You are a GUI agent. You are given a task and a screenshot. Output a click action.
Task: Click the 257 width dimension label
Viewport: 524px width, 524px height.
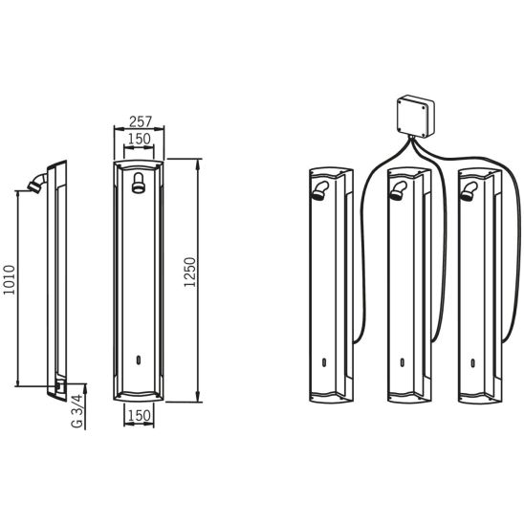click(x=141, y=121)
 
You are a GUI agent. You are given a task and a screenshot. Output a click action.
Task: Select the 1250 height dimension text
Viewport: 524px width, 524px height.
click(x=189, y=272)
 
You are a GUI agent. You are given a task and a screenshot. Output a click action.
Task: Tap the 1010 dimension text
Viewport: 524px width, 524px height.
click(x=9, y=280)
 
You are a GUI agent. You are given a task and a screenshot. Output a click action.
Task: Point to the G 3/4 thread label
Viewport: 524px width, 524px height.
click(x=76, y=411)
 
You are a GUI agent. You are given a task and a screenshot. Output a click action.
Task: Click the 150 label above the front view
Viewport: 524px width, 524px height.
click(x=140, y=139)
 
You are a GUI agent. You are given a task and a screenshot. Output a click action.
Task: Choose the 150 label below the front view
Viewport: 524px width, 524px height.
click(x=140, y=415)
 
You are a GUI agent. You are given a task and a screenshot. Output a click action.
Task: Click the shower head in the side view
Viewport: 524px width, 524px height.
click(x=37, y=183)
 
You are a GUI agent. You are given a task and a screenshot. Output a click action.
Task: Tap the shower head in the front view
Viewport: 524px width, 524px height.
click(x=139, y=183)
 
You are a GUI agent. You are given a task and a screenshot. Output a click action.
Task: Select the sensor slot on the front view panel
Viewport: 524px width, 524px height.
click(x=139, y=360)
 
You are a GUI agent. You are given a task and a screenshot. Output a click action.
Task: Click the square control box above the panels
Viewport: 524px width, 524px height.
click(x=416, y=117)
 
